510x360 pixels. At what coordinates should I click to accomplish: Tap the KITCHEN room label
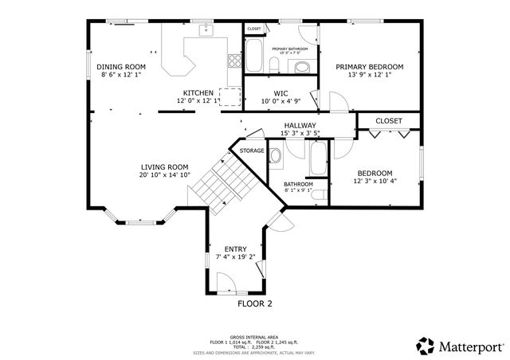[198, 92]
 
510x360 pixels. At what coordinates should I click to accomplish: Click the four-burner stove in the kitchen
[233, 60]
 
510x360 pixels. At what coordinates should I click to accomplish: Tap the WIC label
[280, 92]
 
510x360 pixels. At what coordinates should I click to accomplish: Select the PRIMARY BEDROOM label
[369, 67]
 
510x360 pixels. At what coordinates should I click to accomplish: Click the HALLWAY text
[300, 126]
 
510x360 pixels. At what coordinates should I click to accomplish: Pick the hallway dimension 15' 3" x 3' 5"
[300, 134]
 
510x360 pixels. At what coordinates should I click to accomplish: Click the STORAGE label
[252, 151]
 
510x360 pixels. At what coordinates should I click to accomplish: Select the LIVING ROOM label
[164, 167]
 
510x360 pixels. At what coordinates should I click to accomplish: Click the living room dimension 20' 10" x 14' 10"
[164, 175]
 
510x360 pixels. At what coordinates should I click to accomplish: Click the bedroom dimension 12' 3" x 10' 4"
[375, 182]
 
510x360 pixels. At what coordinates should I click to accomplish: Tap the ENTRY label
[235, 248]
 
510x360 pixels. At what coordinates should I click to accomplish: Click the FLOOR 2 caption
[255, 303]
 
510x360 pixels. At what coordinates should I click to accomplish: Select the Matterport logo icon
[425, 346]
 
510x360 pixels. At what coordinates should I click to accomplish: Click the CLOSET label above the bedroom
[389, 121]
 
